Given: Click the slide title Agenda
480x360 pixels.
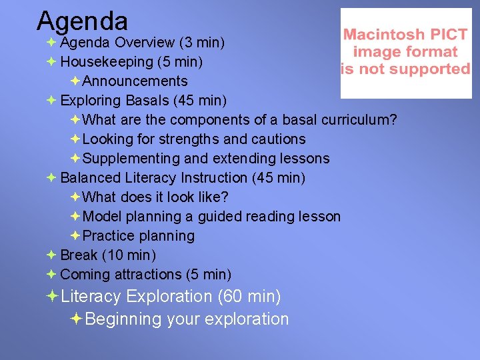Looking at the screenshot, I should pyautogui.click(x=82, y=21).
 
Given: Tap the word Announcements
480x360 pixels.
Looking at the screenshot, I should pyautogui.click(x=135, y=81).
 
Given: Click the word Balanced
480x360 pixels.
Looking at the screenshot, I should pyautogui.click(x=90, y=178).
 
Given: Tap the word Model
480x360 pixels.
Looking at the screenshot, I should pyautogui.click(x=102, y=217).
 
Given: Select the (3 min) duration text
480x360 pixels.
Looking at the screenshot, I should pyautogui.click(x=201, y=43).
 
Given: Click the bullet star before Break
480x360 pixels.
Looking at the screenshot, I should pyautogui.click(x=51, y=255).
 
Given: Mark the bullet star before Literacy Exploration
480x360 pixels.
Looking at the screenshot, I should pyautogui.click(x=51, y=296).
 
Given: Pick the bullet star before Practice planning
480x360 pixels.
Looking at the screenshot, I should pyautogui.click(x=75, y=236).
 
